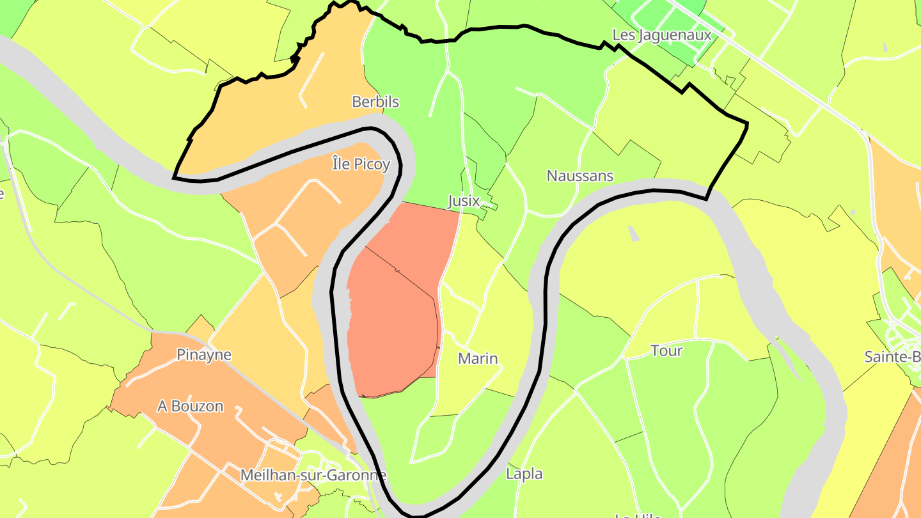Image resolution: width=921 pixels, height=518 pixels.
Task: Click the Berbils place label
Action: click(x=375, y=102)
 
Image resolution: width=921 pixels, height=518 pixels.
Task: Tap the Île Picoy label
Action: click(x=361, y=164)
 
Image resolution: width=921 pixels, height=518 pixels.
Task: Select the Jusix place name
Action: click(x=464, y=201)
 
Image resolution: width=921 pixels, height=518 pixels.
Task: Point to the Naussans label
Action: click(x=580, y=176)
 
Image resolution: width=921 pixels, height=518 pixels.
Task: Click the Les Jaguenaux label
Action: click(x=661, y=35)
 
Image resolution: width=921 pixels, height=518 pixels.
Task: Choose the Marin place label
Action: click(x=478, y=359)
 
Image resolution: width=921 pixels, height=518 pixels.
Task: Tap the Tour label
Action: click(x=666, y=350)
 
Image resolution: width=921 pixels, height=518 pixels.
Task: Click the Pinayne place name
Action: click(x=204, y=355)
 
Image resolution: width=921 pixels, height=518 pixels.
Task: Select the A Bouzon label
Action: click(x=191, y=406)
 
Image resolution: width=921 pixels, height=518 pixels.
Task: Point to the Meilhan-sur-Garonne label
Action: click(x=313, y=475)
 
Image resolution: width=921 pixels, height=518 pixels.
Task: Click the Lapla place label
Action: click(x=524, y=474)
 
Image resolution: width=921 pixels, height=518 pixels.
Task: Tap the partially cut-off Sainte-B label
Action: click(x=892, y=357)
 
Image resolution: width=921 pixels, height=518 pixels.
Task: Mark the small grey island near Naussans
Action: click(x=633, y=234)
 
